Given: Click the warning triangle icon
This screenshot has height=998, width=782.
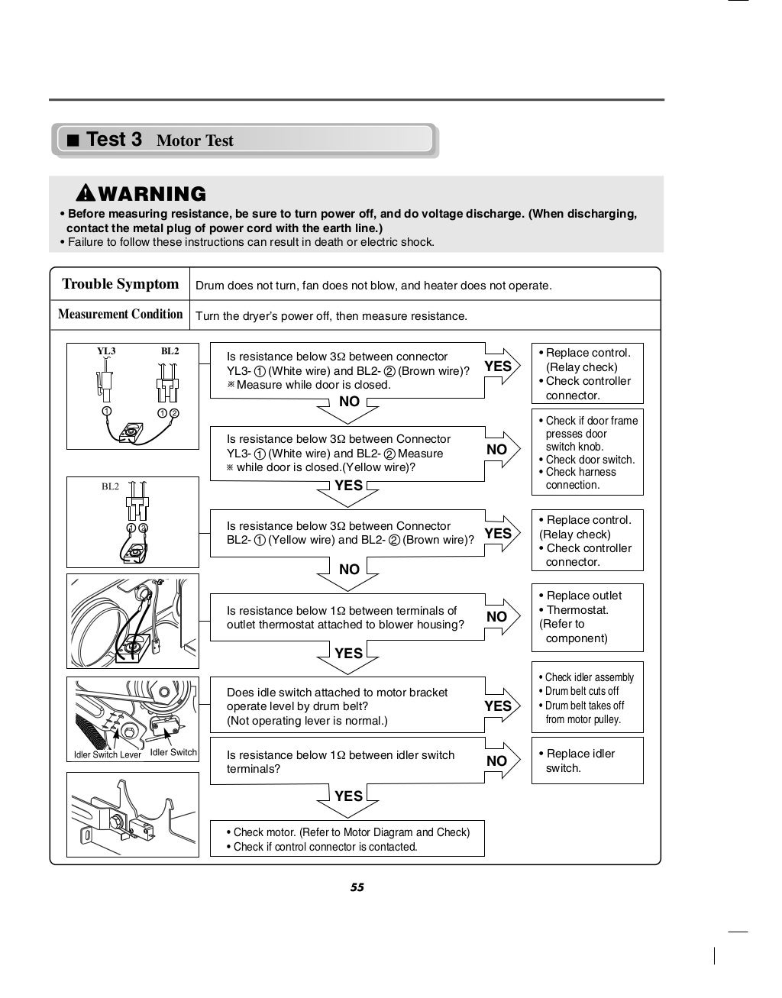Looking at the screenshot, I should [85, 194].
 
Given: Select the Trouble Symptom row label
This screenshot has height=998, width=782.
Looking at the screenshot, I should [120, 284].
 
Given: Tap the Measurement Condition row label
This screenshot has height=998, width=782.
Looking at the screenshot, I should [120, 314].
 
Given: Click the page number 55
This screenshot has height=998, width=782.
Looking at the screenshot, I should [357, 887].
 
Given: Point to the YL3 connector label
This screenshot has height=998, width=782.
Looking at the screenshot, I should [106, 351].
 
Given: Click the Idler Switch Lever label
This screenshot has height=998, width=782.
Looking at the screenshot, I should [108, 754].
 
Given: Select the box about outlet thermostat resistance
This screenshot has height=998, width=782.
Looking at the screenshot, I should [347, 617].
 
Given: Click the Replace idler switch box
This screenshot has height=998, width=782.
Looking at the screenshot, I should [586, 761].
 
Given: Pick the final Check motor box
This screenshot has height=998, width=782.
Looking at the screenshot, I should [347, 839].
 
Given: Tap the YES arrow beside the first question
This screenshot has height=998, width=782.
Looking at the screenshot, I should [500, 367].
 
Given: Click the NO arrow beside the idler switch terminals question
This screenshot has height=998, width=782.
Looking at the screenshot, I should [499, 761].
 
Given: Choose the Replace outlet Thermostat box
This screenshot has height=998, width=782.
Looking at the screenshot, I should [586, 617].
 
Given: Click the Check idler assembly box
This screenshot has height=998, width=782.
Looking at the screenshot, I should [586, 698].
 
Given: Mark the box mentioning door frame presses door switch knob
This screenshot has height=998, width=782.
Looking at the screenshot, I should [586, 452].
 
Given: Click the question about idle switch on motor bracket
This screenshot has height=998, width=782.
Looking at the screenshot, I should [347, 706].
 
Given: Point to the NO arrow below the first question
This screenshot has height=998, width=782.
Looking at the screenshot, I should [349, 406].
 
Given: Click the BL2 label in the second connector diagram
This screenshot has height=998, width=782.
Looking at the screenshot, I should [111, 486].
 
